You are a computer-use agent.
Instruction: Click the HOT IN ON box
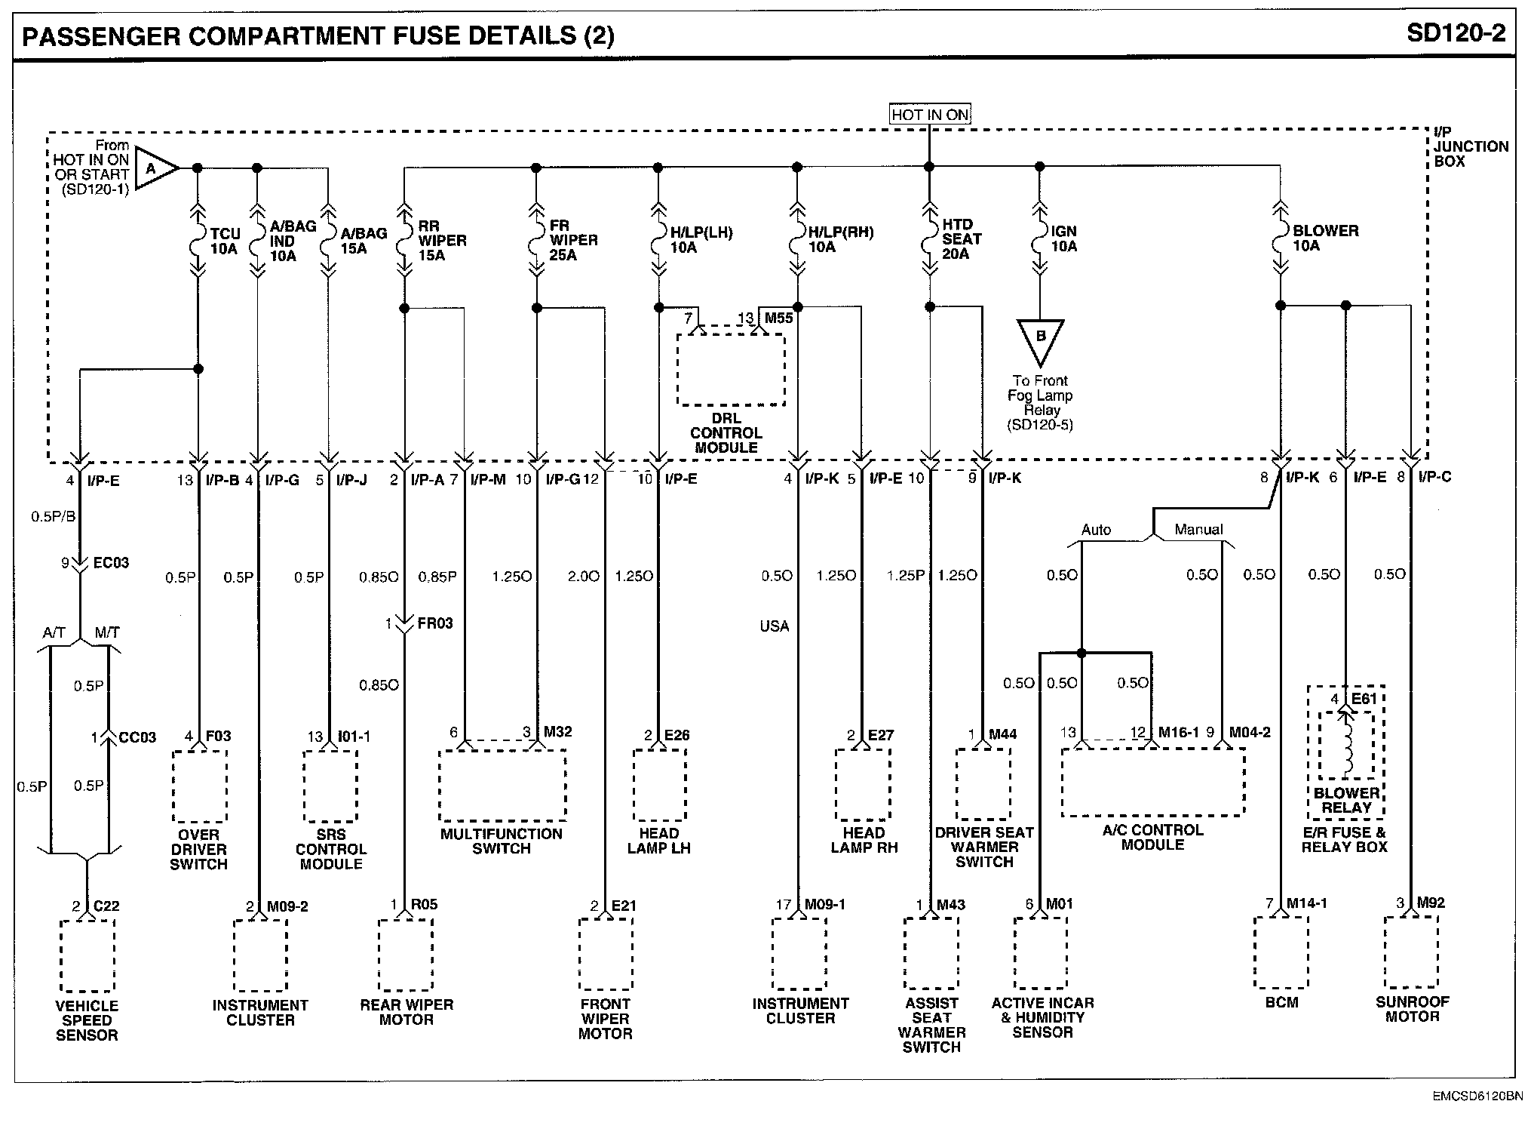(x=929, y=115)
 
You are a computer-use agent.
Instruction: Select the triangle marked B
(x=1040, y=339)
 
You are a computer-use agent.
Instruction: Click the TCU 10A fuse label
(x=224, y=241)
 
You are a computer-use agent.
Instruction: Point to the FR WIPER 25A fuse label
(x=573, y=240)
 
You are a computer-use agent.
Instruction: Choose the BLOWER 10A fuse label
(x=1325, y=238)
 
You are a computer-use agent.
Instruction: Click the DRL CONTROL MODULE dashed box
(x=730, y=370)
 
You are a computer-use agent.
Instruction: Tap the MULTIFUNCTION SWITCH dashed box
(x=502, y=785)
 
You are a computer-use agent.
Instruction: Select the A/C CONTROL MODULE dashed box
(x=1152, y=782)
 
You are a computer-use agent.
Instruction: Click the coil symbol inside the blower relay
(x=1346, y=747)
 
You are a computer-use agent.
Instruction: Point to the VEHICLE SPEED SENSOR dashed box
(x=87, y=955)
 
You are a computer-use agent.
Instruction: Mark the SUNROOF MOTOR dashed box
(x=1411, y=952)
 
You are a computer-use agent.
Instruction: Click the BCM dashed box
(x=1281, y=952)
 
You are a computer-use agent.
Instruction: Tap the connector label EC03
(x=111, y=563)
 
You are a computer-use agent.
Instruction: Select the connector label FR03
(x=435, y=624)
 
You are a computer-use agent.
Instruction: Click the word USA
(x=775, y=626)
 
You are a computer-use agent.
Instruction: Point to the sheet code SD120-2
(x=1456, y=34)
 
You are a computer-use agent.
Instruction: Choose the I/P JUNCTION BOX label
(x=1471, y=146)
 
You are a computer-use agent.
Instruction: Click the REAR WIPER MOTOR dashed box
(x=406, y=955)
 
